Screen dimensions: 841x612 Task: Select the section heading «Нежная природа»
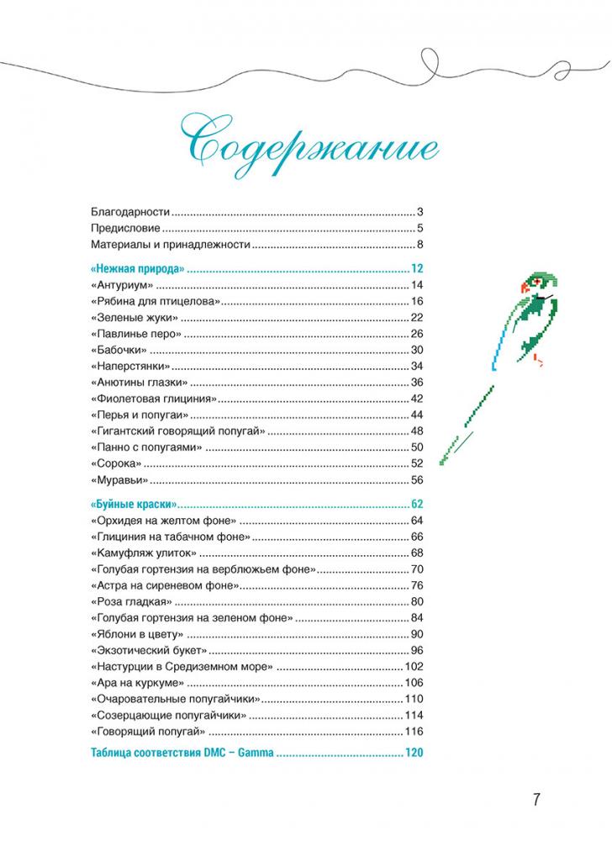(x=135, y=270)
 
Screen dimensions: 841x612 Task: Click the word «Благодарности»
(x=130, y=212)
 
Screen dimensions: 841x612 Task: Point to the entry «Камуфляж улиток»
(x=141, y=553)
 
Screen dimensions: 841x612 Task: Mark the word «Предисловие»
(x=125, y=229)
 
